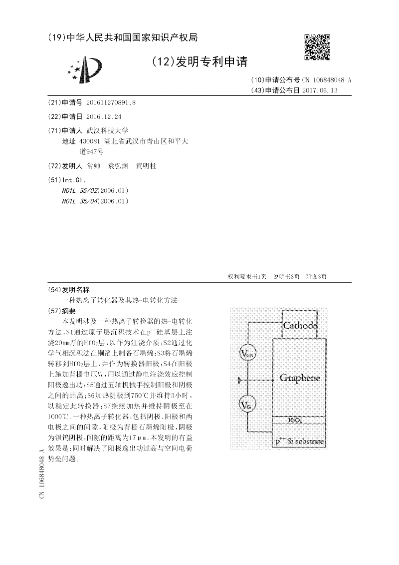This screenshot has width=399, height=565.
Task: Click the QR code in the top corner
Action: click(x=317, y=47)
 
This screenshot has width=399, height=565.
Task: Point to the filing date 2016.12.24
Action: click(x=104, y=116)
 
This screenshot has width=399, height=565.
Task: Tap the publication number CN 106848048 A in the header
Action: click(x=326, y=80)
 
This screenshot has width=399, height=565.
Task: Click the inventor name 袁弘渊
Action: click(x=119, y=166)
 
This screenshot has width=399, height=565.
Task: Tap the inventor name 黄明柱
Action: click(x=146, y=166)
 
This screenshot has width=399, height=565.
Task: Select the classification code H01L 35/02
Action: click(x=79, y=190)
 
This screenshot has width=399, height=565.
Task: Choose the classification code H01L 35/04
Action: click(x=79, y=201)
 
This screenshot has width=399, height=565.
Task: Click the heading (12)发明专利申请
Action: click(x=199, y=62)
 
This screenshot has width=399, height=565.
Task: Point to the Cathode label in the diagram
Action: click(x=300, y=326)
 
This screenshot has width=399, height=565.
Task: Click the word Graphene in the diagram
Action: click(x=300, y=378)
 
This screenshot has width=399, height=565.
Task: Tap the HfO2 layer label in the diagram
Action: click(x=295, y=421)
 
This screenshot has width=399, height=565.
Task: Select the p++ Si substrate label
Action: click(x=300, y=442)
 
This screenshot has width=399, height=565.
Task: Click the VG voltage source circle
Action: click(x=247, y=405)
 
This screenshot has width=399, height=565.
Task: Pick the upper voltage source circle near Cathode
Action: click(x=247, y=353)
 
